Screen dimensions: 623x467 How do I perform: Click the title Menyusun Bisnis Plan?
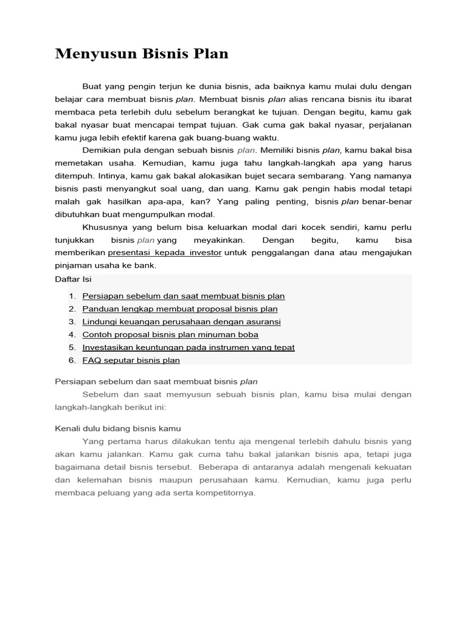[x=142, y=54]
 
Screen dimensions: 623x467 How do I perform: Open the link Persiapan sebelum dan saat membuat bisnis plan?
[x=183, y=296]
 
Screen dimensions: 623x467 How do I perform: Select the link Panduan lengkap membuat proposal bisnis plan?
[x=180, y=309]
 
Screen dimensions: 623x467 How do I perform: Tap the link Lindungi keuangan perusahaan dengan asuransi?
[x=181, y=322]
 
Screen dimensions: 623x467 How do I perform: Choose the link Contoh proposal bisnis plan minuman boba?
[x=170, y=335]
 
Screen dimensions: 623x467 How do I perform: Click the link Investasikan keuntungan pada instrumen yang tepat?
[x=189, y=347]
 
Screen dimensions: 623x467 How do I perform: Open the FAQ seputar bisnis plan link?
[x=131, y=360]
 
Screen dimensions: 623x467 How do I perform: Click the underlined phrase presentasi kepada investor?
[x=164, y=252]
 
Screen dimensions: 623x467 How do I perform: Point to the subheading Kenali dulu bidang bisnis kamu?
[x=117, y=428]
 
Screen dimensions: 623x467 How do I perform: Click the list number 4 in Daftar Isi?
[x=72, y=335]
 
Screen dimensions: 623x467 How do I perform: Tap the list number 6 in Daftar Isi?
[x=72, y=360]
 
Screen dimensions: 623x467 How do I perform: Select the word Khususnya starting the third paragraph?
[x=103, y=227]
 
